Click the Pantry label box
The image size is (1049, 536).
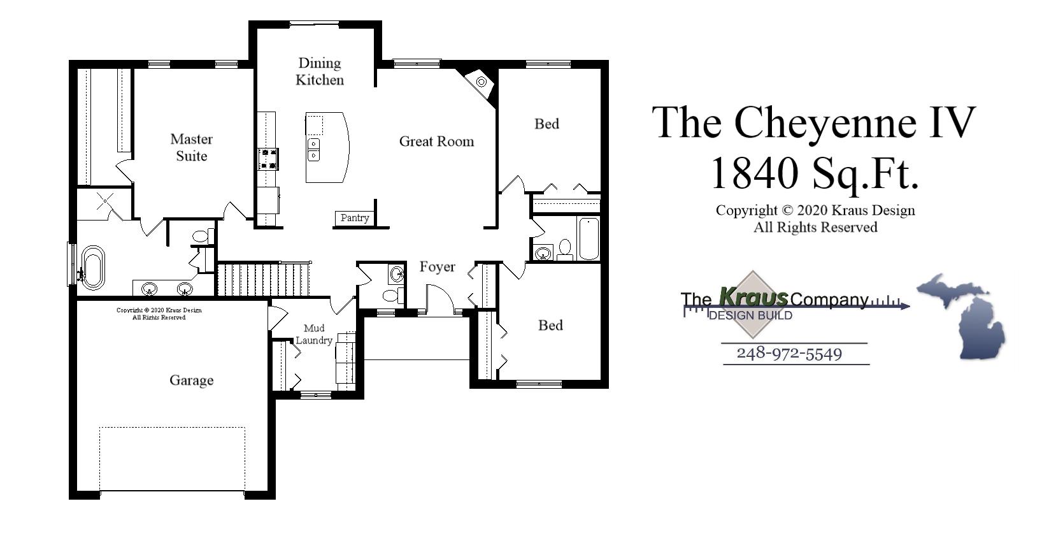[354, 218]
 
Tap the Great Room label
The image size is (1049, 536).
[436, 141]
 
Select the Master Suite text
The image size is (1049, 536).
[191, 147]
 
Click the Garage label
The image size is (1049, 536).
[191, 380]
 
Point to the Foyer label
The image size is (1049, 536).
[437, 266]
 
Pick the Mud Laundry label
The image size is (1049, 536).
[313, 334]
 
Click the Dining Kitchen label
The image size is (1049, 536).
[320, 71]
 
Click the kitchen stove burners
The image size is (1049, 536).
[268, 159]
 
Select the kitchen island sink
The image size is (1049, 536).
[314, 149]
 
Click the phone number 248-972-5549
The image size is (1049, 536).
[789, 354]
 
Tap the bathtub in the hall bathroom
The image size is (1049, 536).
[589, 239]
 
